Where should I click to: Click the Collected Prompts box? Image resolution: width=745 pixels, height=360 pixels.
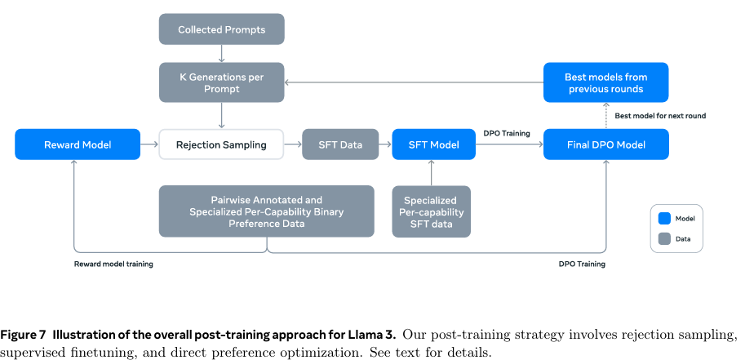[221, 30]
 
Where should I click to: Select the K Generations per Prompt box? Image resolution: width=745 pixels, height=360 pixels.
[221, 82]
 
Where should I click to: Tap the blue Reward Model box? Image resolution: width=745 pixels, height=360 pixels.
[78, 145]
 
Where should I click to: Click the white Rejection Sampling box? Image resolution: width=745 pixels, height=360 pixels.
[222, 145]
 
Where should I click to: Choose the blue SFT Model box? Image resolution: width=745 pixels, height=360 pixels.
[432, 145]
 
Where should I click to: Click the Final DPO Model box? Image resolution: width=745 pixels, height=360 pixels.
[606, 145]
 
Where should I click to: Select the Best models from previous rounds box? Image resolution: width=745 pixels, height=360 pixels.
[606, 82]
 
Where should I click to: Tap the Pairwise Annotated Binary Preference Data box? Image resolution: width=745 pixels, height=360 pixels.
[266, 211]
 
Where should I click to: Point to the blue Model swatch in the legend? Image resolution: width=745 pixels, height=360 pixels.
[664, 218]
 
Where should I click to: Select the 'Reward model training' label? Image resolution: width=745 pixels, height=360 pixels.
[113, 264]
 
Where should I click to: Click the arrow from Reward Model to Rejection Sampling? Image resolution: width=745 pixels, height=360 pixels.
[149, 145]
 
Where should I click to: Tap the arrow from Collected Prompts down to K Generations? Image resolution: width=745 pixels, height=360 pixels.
[221, 54]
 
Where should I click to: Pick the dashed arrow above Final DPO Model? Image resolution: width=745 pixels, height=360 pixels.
[606, 115]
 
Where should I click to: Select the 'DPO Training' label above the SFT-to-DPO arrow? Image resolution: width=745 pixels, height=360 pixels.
[507, 133]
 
